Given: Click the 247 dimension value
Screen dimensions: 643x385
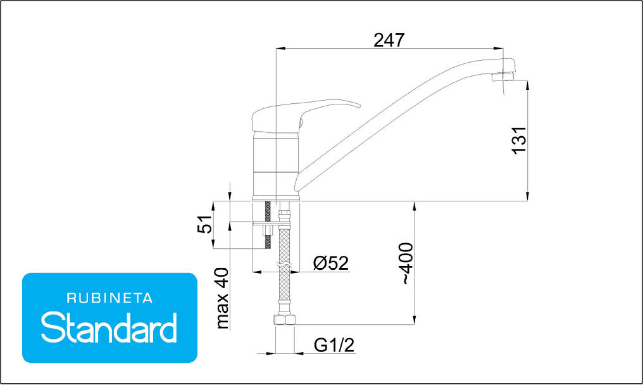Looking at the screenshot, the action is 389,40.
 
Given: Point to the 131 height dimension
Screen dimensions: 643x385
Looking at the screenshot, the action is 519,140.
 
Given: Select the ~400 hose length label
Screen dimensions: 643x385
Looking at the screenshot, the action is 407,263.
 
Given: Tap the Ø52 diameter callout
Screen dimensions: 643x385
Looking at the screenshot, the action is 331,263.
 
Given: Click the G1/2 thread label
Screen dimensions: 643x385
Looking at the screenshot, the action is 334,345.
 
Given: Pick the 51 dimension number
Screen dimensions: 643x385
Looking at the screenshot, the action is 205,224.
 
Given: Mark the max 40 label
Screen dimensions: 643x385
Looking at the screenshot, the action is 222,298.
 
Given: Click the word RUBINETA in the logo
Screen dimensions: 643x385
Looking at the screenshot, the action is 109,298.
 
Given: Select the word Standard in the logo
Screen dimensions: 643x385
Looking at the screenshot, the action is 109,327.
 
